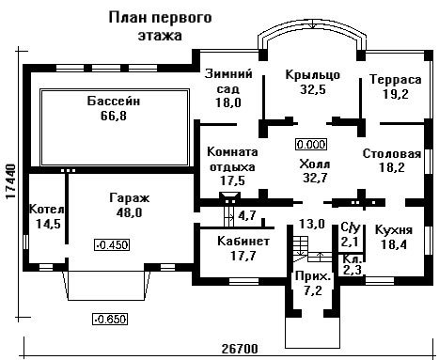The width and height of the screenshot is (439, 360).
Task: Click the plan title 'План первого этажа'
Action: coord(160,26)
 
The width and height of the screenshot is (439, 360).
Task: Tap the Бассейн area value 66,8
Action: coord(114,116)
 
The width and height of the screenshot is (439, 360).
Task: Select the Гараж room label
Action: coord(130,198)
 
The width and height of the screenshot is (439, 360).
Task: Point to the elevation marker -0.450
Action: coord(112,244)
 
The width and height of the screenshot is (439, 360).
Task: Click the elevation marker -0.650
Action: coord(110,320)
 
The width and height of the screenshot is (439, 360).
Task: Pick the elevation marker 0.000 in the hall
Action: coord(311,145)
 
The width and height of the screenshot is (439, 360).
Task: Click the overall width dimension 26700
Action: coord(240,349)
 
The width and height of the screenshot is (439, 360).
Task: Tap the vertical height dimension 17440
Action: coord(11,181)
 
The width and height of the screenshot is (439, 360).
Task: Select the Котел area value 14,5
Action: coord(48,224)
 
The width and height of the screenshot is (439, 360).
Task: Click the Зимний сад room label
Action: coord(228,81)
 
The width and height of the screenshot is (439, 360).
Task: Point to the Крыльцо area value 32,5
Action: coord(313,89)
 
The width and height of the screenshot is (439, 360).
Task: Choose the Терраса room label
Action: coord(396,79)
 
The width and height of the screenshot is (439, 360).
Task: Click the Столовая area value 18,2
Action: coord(392,167)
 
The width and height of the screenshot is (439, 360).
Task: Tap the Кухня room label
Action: coord(394,230)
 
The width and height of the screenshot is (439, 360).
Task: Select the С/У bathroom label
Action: coord(351,227)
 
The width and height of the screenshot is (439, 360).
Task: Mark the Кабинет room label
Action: coord(243,242)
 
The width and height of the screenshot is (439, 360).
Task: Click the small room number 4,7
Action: coord(247,215)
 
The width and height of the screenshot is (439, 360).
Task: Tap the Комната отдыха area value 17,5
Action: coord(232,180)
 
